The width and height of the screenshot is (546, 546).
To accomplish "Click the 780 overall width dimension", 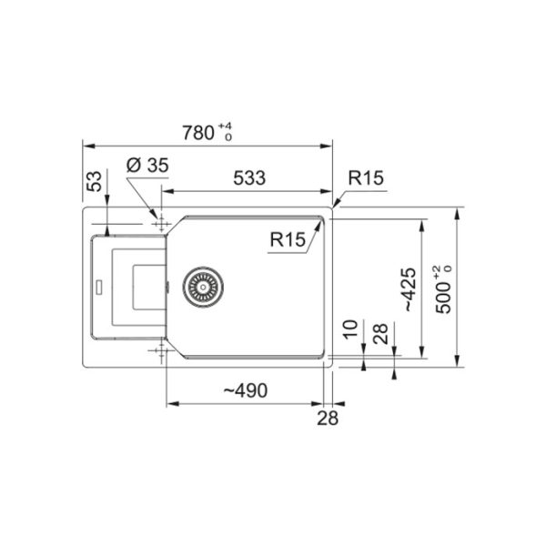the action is click(x=198, y=133).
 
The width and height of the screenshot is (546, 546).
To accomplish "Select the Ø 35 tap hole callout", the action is click(x=147, y=165).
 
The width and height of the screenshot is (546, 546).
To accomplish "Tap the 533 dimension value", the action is click(x=249, y=178).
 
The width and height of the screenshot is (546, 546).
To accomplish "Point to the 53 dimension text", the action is click(x=95, y=181).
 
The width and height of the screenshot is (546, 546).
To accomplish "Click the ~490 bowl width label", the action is click(x=246, y=390).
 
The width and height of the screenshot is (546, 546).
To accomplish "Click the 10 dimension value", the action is click(x=350, y=329).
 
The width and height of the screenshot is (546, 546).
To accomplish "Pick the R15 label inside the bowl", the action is click(x=288, y=239).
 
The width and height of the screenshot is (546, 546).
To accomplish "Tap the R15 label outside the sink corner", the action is click(x=366, y=178).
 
